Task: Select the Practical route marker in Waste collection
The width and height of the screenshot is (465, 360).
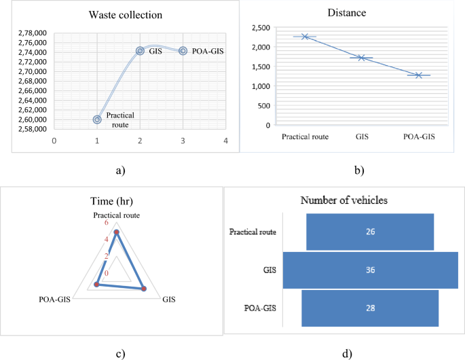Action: tap(98, 120)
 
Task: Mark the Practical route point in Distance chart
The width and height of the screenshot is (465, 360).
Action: tap(305, 37)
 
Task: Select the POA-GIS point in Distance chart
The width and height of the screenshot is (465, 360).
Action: tap(419, 75)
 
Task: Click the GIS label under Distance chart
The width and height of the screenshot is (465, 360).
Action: tap(362, 136)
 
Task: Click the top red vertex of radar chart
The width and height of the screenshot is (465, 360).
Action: tap(116, 233)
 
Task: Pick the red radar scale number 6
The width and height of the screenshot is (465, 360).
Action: tap(106, 223)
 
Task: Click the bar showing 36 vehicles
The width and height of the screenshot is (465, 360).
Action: tap(370, 270)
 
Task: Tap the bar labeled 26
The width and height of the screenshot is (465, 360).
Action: tap(370, 232)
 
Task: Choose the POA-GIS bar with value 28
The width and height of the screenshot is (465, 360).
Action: tap(370, 308)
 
